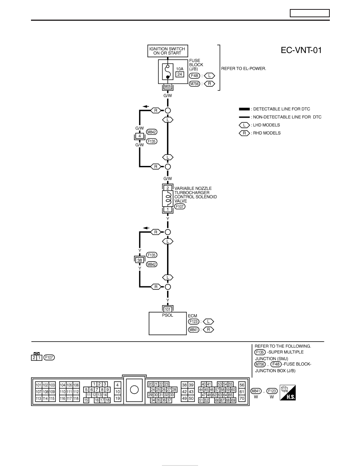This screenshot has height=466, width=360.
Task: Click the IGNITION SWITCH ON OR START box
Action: [x=167, y=51]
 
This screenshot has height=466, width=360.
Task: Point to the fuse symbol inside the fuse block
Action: [x=167, y=72]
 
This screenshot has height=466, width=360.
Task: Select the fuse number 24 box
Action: [x=180, y=74]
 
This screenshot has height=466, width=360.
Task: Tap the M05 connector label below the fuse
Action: [x=168, y=87]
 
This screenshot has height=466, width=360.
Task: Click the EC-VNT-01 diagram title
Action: [x=301, y=50]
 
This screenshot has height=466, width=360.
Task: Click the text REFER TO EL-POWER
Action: [x=244, y=68]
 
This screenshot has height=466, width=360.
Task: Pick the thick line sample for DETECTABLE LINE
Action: [x=244, y=109]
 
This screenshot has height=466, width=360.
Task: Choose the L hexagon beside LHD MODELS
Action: [x=244, y=125]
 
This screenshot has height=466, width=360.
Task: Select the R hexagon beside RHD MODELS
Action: [x=244, y=133]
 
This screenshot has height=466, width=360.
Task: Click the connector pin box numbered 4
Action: [x=140, y=136]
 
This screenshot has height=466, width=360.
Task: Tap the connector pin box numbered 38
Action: [x=140, y=260]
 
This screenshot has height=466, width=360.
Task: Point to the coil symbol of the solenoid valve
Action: [x=168, y=198]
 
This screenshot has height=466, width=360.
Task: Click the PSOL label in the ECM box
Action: [x=167, y=315]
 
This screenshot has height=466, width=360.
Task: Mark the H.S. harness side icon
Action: [x=287, y=393]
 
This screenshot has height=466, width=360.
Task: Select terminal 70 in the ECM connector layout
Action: [x=242, y=399]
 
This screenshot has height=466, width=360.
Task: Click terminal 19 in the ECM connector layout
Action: [x=117, y=399]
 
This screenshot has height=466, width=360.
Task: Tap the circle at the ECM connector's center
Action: [x=134, y=390]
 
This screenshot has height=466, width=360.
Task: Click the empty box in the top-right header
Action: [x=310, y=13]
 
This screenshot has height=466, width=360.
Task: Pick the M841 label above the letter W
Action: [x=256, y=391]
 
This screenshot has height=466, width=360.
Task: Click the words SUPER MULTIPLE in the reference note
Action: [x=286, y=352]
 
